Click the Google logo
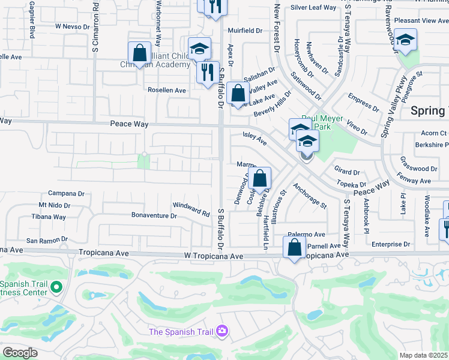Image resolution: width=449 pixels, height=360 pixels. (x=19, y=353)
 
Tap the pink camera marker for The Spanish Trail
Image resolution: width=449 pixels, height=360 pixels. (x=223, y=331)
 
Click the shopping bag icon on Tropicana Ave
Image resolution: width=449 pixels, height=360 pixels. (x=294, y=248)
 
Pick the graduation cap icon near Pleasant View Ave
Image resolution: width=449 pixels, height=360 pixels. (x=405, y=40)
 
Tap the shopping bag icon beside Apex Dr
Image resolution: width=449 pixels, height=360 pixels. (x=238, y=94)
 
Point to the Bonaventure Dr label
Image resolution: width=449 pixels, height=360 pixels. (x=155, y=215)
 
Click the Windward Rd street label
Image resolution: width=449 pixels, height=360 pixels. (x=191, y=209)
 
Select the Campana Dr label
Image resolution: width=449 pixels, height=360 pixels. (x=66, y=194)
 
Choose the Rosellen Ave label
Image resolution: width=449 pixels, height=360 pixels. (x=167, y=90)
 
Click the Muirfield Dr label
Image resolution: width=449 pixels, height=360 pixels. (x=245, y=30)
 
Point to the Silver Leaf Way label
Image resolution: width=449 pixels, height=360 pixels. (x=313, y=8)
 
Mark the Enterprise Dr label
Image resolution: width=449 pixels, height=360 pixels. (x=390, y=245)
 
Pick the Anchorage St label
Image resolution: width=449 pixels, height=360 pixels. (x=310, y=196)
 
